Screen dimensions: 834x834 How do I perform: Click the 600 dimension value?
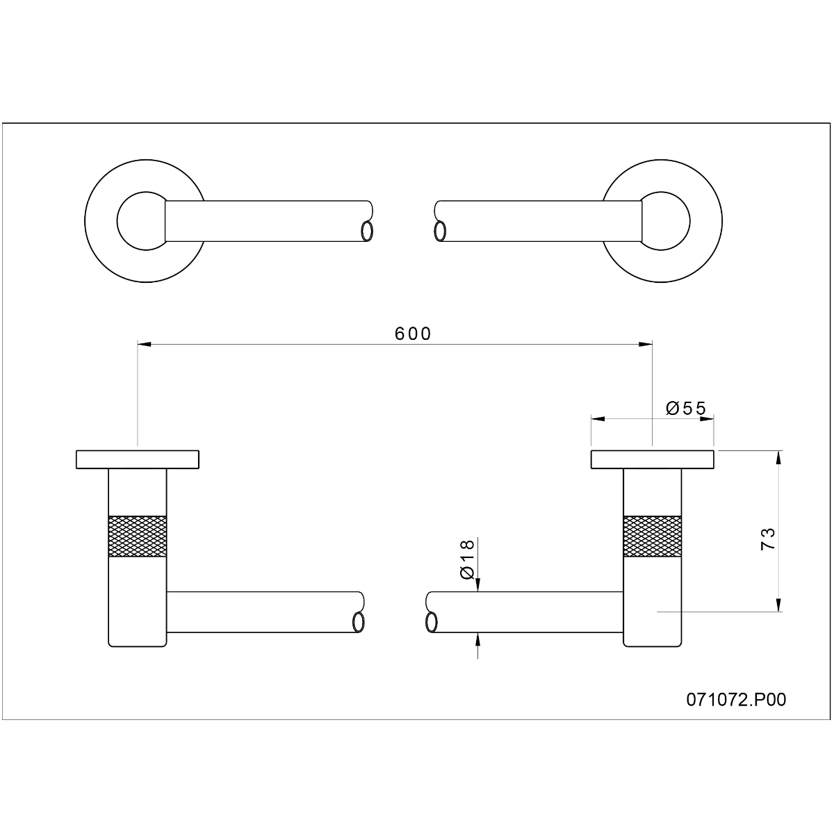[413, 334]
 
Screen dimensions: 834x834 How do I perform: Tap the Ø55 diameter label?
[686, 408]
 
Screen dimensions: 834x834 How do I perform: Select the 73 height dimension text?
[768, 539]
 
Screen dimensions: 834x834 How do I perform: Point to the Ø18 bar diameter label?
[467, 559]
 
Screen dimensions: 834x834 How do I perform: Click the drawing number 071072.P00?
[736, 688]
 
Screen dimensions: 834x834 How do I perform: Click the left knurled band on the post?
[137, 537]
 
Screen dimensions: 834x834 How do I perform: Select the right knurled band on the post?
[652, 537]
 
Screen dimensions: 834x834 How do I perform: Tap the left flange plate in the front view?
[138, 459]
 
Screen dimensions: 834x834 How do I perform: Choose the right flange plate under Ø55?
[653, 459]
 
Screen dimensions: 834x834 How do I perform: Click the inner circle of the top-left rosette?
[117, 221]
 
